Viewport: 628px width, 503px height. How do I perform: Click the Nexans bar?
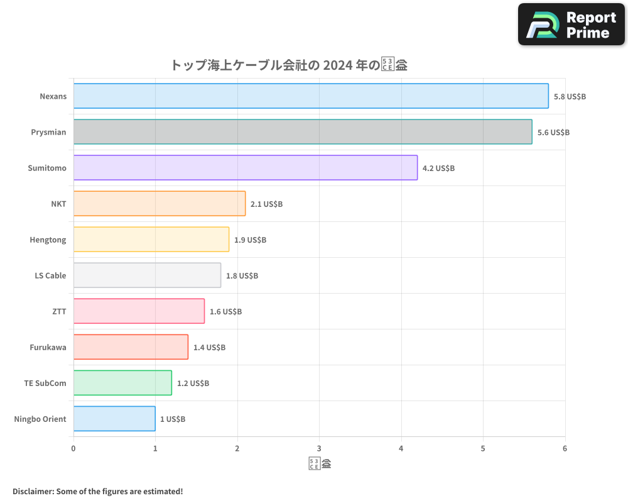[311, 96]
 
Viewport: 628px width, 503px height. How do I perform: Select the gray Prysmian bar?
[303, 132]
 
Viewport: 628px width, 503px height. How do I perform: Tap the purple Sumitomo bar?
[246, 168]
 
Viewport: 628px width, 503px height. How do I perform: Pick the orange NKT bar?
[160, 204]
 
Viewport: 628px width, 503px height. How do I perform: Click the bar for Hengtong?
[151, 240]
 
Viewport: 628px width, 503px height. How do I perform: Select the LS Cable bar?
[147, 275]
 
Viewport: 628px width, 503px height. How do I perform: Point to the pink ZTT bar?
[139, 311]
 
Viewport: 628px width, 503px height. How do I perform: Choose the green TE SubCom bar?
[122, 383]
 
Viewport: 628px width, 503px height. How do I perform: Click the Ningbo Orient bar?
[114, 419]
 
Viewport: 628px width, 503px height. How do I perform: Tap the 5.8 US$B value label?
[570, 97]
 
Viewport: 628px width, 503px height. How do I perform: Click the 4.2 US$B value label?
[438, 169]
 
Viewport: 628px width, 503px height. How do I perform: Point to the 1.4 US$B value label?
[209, 348]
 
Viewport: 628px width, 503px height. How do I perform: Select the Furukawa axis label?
[48, 347]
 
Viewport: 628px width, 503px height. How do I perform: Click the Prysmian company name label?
[48, 132]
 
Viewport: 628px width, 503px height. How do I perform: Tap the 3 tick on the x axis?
[319, 448]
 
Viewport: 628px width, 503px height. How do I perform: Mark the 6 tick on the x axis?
[565, 448]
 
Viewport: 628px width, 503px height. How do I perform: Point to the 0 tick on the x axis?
[73, 448]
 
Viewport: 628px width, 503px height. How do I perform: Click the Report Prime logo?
[571, 25]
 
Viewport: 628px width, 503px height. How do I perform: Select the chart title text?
[289, 65]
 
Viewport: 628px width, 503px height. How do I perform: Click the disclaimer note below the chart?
[98, 491]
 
